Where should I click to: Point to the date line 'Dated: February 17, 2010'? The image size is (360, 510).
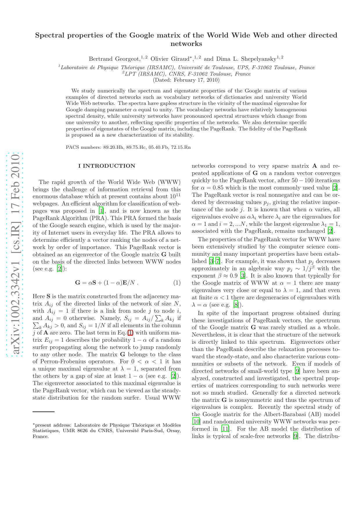click(186, 80)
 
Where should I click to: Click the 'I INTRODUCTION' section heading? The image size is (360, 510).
click(107, 166)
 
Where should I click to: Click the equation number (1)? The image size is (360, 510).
click(177, 282)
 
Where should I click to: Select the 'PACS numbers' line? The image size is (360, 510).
click(128, 147)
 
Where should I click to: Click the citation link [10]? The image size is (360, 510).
click(196, 422)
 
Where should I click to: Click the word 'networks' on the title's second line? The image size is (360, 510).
click(186, 44)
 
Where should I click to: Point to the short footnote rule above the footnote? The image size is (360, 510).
click(44, 412)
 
